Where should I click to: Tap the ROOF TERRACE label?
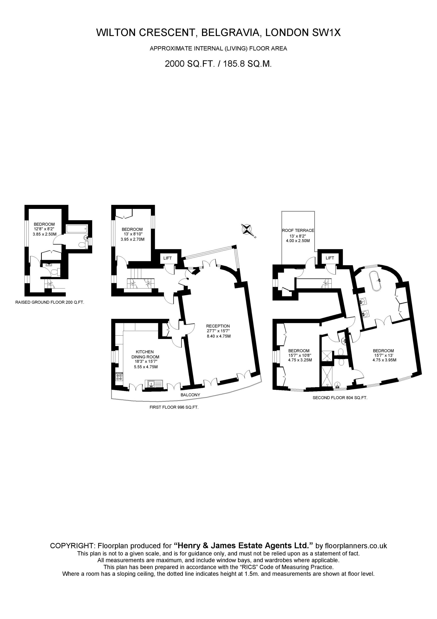(x=298, y=230)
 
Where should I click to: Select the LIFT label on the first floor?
(x=167, y=258)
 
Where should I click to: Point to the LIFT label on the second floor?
(x=330, y=258)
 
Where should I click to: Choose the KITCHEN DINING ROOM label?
(x=145, y=354)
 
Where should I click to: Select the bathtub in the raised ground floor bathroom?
(x=77, y=229)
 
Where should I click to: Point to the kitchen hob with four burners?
(x=119, y=376)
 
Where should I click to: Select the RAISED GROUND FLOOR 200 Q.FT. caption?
(x=50, y=302)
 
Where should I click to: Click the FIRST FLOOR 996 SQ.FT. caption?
(x=174, y=407)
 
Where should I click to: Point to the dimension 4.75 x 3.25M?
(x=300, y=360)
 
